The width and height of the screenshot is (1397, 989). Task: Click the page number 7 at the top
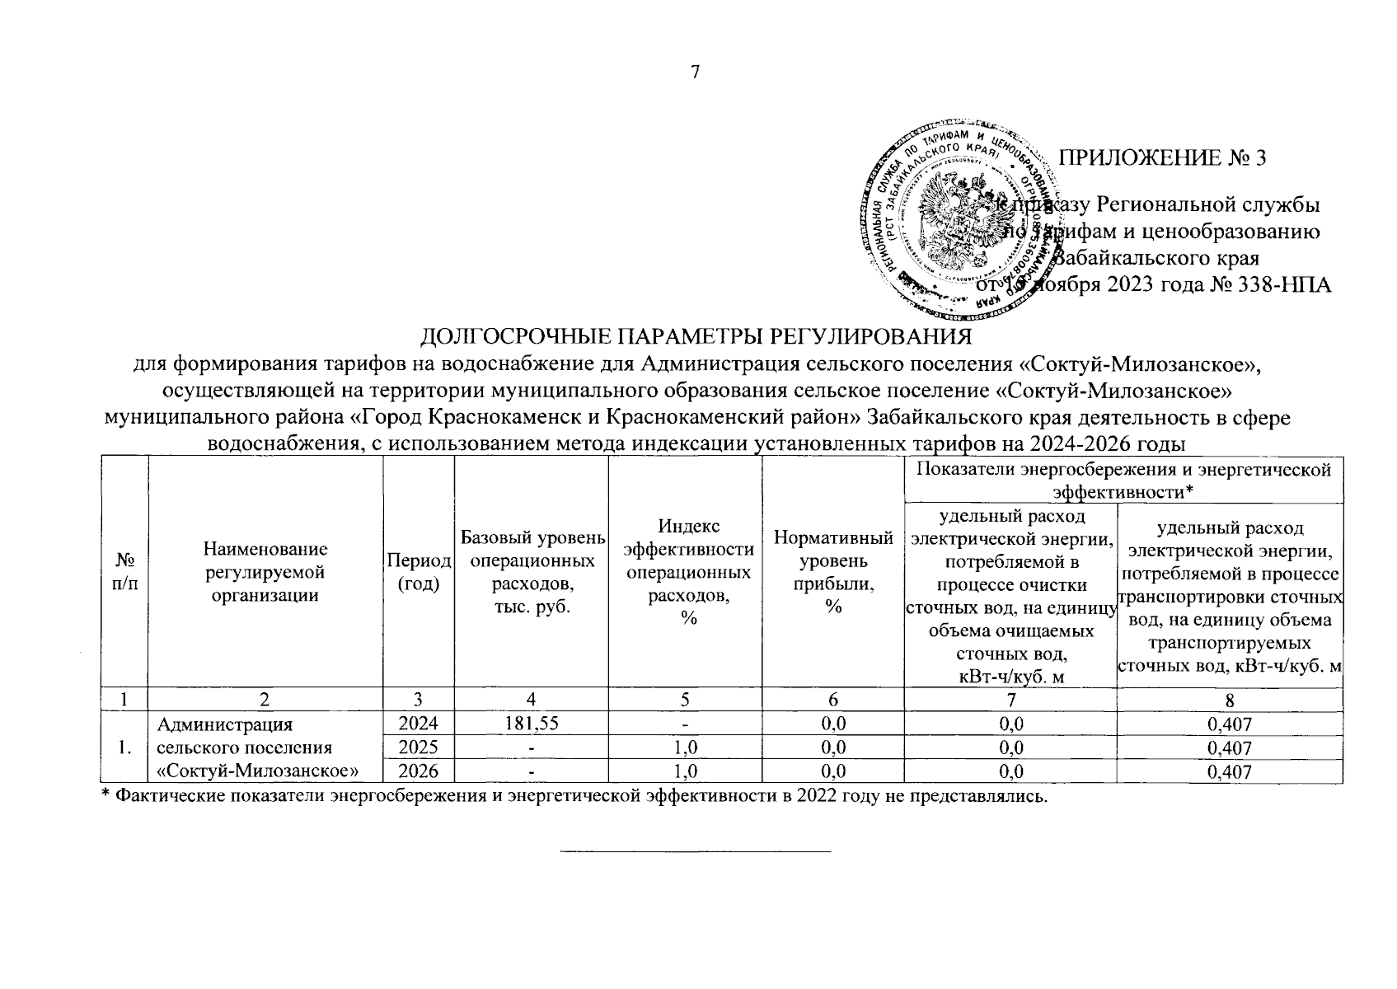click(x=695, y=72)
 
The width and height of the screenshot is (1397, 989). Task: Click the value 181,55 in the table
click(x=532, y=724)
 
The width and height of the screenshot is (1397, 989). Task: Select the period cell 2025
click(x=419, y=748)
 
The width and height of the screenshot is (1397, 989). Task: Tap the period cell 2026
click(x=419, y=771)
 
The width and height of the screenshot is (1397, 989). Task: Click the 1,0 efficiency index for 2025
click(x=685, y=748)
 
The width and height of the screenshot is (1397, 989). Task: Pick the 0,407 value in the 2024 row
click(x=1229, y=724)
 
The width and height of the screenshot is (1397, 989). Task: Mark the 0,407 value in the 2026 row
click(x=1229, y=772)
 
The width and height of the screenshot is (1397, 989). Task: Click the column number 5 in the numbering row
click(x=685, y=701)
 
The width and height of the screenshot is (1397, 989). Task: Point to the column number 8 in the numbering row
click(x=1229, y=701)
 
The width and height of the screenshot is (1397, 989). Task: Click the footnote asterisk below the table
click(x=105, y=795)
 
